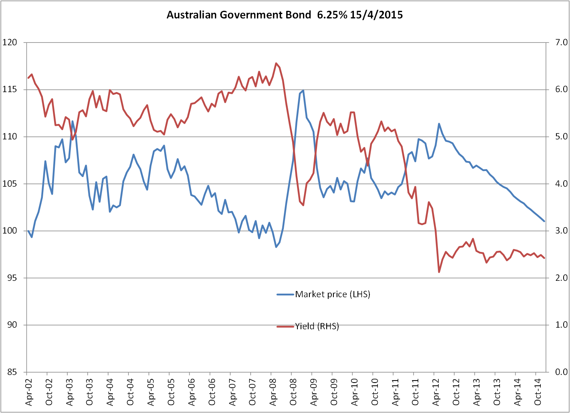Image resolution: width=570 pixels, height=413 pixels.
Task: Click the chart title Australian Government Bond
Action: tap(285, 15)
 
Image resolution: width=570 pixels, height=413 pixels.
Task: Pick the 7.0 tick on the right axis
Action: tap(558, 42)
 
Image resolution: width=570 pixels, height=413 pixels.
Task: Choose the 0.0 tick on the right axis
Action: tap(558, 372)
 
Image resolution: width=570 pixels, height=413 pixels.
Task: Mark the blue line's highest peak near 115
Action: tap(303, 91)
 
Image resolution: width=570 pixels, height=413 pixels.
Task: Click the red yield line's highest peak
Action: tap(276, 63)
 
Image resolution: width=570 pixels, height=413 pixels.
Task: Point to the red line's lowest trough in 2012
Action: tap(439, 272)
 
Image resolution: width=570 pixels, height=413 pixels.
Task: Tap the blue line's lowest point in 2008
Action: tap(276, 247)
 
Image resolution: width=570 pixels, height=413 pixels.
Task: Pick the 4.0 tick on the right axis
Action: tap(558, 183)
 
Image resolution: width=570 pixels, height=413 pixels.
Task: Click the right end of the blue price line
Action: tap(544, 221)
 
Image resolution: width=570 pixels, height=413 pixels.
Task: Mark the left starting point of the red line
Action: tap(28, 78)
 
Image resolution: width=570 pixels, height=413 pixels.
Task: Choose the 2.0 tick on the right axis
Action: tap(558, 278)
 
